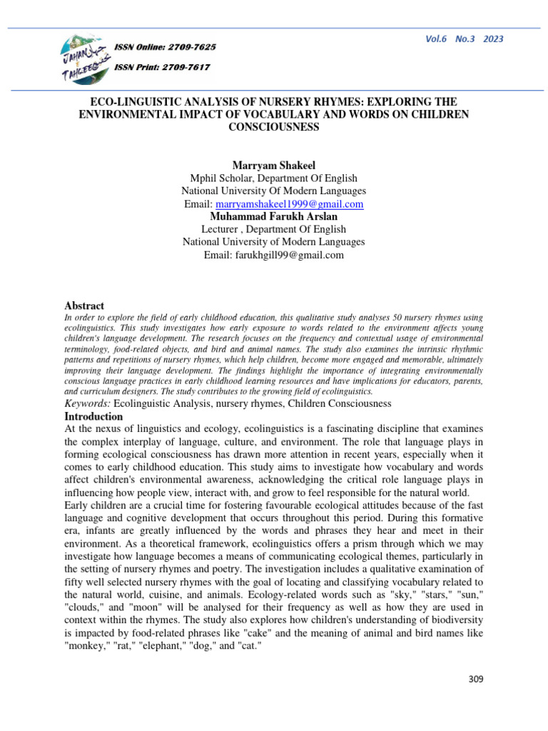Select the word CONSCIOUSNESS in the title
[x=273, y=126]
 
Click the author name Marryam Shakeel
[x=273, y=166]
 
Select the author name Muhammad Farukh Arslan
[x=273, y=216]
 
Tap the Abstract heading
[x=84, y=306]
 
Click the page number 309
[x=476, y=679]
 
